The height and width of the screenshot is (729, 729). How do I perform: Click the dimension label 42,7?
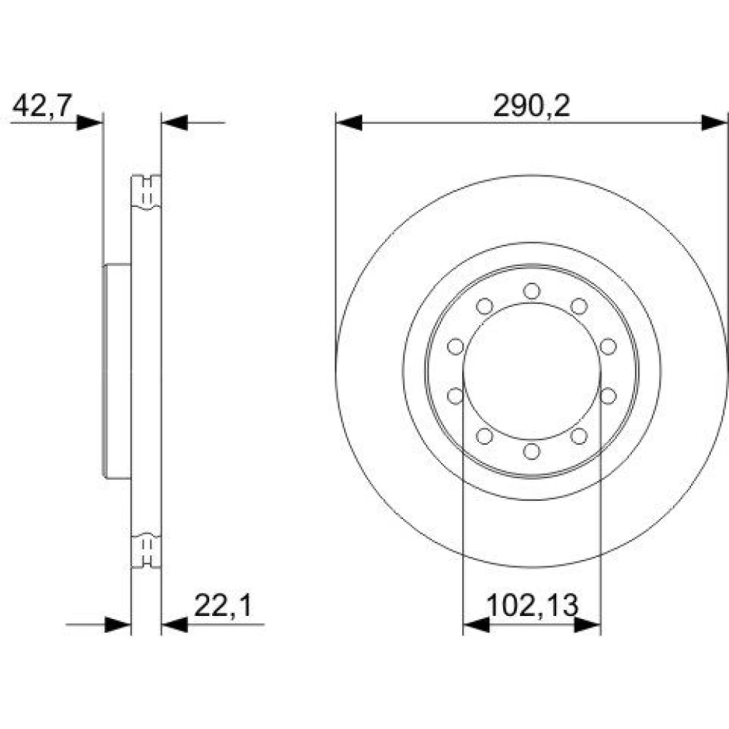tap(42, 105)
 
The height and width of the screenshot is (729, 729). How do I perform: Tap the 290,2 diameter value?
tap(531, 106)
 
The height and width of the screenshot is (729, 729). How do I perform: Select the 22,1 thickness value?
tap(222, 605)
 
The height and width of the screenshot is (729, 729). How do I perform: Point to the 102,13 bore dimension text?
tap(532, 605)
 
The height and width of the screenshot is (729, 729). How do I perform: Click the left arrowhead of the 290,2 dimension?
tap(348, 122)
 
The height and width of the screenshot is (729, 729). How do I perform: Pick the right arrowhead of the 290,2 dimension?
tap(714, 122)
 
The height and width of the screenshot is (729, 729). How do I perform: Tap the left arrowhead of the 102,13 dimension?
tap(477, 625)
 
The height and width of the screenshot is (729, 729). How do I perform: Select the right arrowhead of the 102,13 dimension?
tap(588, 625)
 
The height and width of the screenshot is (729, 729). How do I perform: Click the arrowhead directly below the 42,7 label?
tap(90, 122)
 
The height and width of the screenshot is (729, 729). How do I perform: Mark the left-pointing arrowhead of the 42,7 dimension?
tap(174, 122)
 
